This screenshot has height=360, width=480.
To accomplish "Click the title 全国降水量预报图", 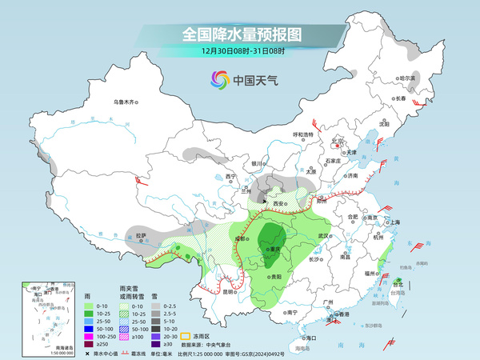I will (x=241, y=34).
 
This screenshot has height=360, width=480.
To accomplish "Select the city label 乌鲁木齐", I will (x=126, y=102).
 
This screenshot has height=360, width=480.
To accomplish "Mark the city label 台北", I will (x=398, y=283).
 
